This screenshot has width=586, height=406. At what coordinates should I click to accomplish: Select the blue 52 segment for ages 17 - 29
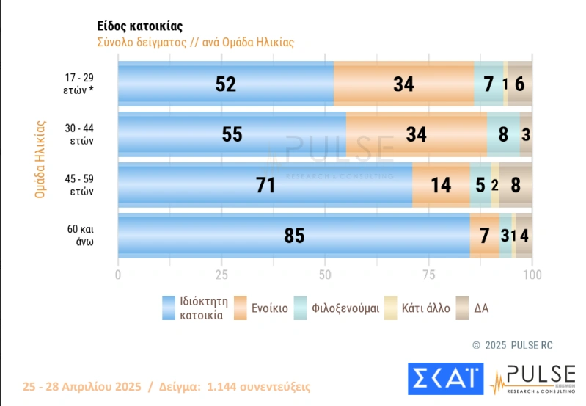click(225, 84)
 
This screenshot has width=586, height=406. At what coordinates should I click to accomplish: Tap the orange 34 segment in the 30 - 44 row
click(416, 135)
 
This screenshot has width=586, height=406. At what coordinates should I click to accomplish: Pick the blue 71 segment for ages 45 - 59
click(265, 185)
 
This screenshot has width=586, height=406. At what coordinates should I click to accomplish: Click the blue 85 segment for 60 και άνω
click(293, 236)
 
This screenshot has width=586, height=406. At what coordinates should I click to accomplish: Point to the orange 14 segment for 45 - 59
click(441, 185)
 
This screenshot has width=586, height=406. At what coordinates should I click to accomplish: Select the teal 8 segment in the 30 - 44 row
click(503, 135)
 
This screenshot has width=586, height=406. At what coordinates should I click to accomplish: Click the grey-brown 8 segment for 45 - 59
click(516, 185)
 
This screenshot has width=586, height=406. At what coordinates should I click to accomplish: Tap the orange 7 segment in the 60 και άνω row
click(484, 236)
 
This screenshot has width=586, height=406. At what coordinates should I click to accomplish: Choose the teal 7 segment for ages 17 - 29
click(488, 84)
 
